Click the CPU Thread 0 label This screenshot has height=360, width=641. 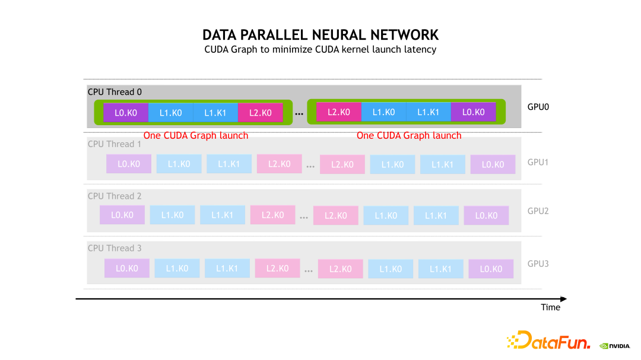click(115, 92)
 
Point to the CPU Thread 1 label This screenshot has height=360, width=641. click(115, 144)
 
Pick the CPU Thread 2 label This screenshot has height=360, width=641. click(115, 196)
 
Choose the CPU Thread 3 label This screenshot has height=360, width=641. click(115, 248)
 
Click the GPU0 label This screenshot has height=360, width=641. click(538, 108)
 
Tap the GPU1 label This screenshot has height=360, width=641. click(538, 161)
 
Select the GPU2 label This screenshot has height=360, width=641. click(538, 211)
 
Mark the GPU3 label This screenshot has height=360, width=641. click(538, 263)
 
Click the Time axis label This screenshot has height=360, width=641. click(550, 307)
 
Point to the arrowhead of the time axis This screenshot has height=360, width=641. click(563, 298)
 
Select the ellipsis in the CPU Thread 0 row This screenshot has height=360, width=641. click(300, 113)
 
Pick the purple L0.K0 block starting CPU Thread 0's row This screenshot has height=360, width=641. click(126, 112)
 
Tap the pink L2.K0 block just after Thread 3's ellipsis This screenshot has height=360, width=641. click(340, 269)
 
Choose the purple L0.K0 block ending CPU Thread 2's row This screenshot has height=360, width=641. click(486, 215)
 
